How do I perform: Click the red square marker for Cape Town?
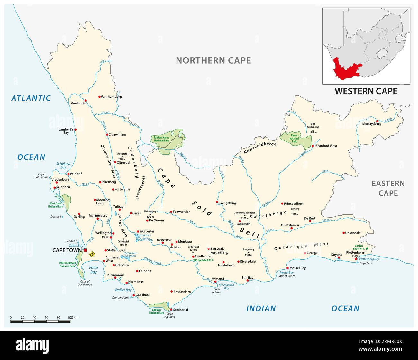(x=86, y=250)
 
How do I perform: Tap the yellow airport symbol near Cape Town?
(x=93, y=254)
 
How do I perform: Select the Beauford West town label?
(x=326, y=146)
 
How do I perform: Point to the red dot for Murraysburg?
(x=377, y=121)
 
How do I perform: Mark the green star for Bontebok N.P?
(x=195, y=260)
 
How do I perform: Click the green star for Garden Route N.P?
(x=367, y=248)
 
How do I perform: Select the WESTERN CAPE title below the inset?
(x=366, y=91)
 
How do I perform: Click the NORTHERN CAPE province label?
(x=214, y=60)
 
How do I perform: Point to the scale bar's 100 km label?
(x=73, y=318)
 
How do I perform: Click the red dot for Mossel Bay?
(x=287, y=268)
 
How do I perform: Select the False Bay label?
(x=93, y=270)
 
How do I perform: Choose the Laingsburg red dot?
(x=218, y=203)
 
